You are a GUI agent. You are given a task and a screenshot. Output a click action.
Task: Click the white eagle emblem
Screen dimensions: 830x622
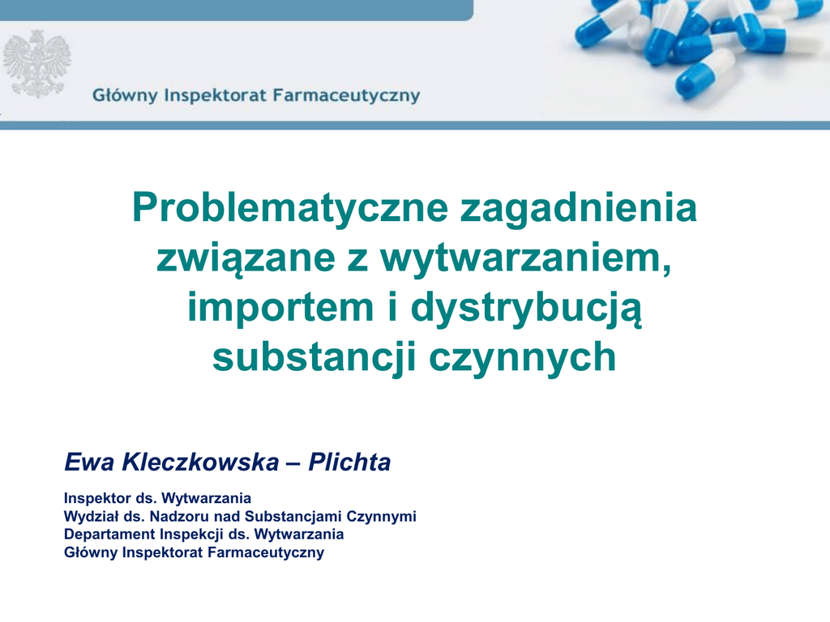click(36, 64)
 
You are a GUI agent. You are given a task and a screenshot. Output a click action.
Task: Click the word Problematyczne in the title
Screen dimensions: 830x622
click(290, 209)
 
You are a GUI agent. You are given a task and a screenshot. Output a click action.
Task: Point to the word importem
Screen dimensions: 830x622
click(280, 308)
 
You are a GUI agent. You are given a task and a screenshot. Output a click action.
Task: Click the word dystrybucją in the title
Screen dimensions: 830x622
click(526, 309)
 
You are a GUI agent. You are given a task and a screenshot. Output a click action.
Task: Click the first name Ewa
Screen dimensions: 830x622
click(89, 462)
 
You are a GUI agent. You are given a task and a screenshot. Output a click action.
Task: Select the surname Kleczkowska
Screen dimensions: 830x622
click(200, 462)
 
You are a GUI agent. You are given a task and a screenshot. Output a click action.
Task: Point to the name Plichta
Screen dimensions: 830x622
click(349, 462)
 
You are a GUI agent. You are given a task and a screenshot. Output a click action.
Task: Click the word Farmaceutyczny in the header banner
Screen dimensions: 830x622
click(346, 96)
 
